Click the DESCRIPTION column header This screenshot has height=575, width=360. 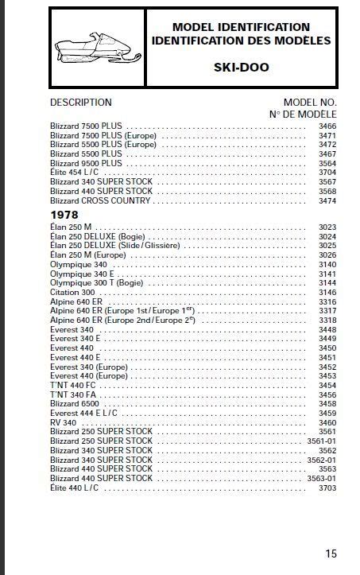tap(81, 103)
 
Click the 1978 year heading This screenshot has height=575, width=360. tap(64, 215)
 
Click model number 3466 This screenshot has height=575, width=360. tap(327, 126)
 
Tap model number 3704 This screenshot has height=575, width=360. tap(327, 173)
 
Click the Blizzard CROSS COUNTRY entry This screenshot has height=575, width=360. tap(100, 200)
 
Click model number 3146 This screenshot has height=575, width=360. tap(327, 292)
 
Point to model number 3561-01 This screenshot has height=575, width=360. tap(322, 441)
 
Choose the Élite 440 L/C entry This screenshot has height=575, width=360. tap(75, 488)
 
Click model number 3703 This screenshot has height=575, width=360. tap(327, 488)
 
